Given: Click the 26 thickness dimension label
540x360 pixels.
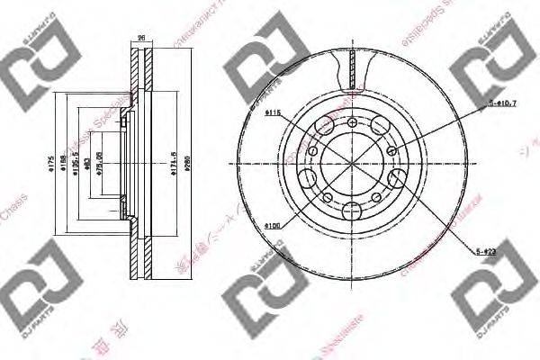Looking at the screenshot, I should [x=140, y=39].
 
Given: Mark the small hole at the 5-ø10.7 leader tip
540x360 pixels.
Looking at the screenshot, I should [x=392, y=151].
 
